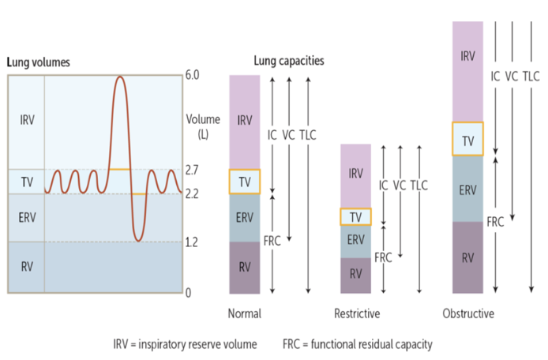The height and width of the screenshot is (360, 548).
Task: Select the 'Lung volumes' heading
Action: coord(37,61)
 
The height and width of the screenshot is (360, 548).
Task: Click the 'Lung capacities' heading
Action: coord(288,61)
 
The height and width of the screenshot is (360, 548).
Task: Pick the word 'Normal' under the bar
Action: coord(244,313)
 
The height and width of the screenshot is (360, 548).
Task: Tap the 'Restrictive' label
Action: coord(357,313)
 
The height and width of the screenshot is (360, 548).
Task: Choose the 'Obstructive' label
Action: coord(468,313)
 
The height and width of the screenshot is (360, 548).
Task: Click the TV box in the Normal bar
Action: coord(244,182)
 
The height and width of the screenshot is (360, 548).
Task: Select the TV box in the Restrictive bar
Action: coord(356,216)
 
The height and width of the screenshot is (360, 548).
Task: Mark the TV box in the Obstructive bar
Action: coord(467,139)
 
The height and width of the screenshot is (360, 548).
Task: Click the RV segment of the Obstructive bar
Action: coord(467,257)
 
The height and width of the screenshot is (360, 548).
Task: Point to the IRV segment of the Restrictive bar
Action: coord(356,174)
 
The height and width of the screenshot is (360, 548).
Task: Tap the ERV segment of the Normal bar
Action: coord(244,218)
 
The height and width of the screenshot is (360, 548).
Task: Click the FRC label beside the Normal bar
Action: coord(272,238)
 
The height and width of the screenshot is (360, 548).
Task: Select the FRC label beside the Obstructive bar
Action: coord(495,222)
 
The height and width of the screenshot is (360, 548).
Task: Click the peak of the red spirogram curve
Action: coord(119,77)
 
